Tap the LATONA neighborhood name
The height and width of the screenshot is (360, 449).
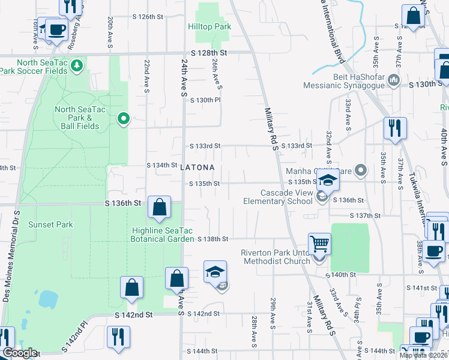[197, 168]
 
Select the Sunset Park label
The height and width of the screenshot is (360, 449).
[53, 225]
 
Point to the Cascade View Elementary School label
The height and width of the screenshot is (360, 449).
[286, 197]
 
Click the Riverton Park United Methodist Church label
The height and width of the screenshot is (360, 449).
[274, 257]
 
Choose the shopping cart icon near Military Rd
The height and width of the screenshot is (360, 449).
[319, 244]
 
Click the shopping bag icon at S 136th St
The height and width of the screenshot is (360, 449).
[159, 208]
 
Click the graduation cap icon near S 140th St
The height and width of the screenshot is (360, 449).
[215, 271]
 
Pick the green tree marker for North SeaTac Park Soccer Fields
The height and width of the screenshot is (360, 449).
[76, 65]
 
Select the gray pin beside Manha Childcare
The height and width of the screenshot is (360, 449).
[360, 170]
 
